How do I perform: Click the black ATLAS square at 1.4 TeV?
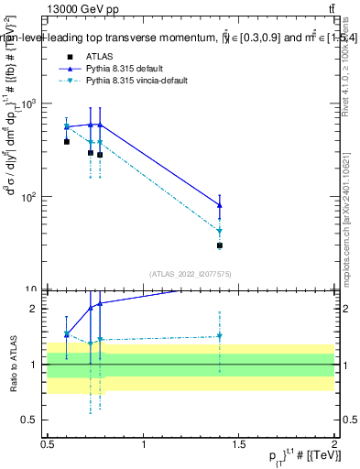click(220, 245)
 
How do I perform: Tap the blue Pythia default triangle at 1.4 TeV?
click(220, 204)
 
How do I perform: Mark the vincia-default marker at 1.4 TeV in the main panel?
click(220, 232)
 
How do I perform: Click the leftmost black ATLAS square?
click(67, 142)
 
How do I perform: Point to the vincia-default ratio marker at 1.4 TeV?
click(220, 336)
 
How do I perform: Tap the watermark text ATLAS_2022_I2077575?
click(191, 274)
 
